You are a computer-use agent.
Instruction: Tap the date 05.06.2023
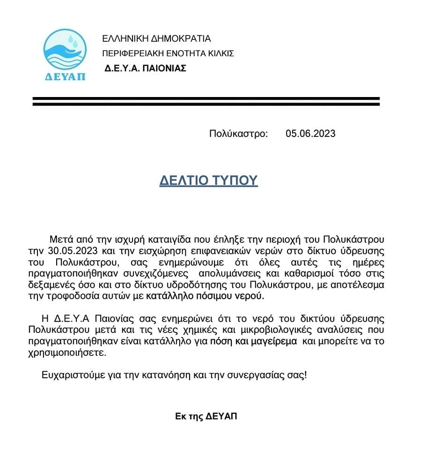310,134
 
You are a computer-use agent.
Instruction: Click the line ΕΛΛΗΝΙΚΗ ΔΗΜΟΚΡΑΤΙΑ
156,38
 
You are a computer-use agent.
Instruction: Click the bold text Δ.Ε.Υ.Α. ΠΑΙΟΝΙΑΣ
146,68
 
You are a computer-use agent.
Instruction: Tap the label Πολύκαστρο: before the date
238,134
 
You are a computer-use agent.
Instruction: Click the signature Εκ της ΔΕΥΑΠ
206,416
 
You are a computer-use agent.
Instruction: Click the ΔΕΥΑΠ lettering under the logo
65,76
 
